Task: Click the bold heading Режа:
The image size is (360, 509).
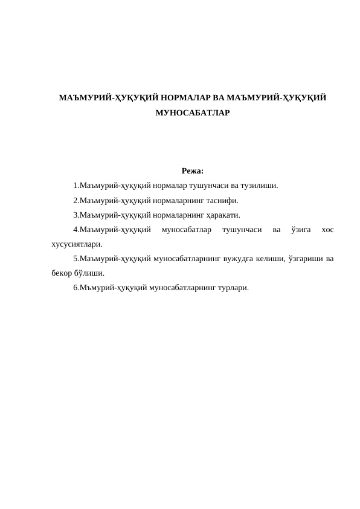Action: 192,170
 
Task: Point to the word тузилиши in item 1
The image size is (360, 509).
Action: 260,185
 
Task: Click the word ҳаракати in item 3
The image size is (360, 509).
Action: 224,215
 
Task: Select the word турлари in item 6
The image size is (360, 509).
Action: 232,288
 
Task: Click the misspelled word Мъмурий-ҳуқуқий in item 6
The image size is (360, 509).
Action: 111,288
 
